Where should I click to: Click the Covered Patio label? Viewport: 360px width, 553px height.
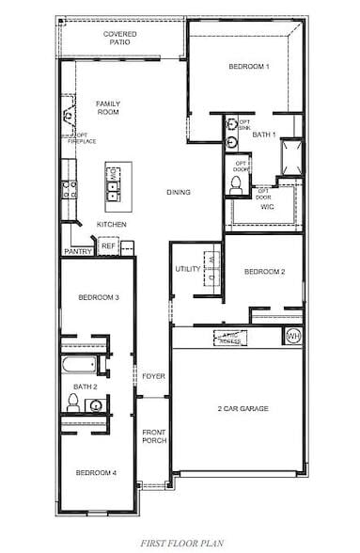pyautogui.click(x=120, y=38)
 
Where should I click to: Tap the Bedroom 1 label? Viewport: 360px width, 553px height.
pyautogui.click(x=248, y=67)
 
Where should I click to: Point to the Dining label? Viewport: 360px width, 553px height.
pyautogui.click(x=179, y=193)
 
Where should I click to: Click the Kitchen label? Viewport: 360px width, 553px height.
pyautogui.click(x=111, y=225)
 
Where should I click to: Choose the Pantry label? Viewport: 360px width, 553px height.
pyautogui.click(x=76, y=252)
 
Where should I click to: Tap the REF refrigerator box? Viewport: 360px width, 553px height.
pyautogui.click(x=107, y=246)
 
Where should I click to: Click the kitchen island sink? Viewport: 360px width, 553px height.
pyautogui.click(x=114, y=191)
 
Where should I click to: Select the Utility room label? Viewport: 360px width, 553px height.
pyautogui.click(x=186, y=270)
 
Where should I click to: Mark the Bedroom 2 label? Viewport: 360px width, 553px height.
pyautogui.click(x=264, y=272)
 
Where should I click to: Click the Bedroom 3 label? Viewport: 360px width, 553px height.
pyautogui.click(x=98, y=298)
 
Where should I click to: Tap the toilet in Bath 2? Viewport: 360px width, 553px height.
pyautogui.click(x=72, y=403)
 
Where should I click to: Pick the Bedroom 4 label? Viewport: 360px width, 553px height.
pyautogui.click(x=96, y=472)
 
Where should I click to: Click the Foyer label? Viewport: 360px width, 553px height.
pyautogui.click(x=153, y=376)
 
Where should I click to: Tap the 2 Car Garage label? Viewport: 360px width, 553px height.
pyautogui.click(x=243, y=408)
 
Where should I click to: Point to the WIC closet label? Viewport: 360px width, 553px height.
pyautogui.click(x=267, y=206)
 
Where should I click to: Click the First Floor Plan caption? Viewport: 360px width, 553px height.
pyautogui.click(x=180, y=544)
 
